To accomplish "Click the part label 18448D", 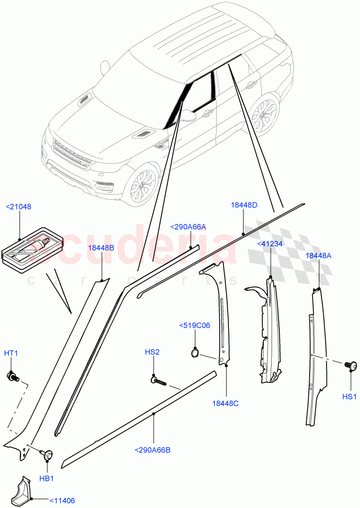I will click(244, 205).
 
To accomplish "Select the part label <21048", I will click(18, 207).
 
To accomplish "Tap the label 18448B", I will click(101, 248).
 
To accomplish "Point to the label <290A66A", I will click(188, 227).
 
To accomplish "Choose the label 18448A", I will click(318, 256).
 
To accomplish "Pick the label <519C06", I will click(195, 326).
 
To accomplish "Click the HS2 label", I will click(152, 352).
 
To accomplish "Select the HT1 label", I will click(11, 353).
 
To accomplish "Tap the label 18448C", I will click(225, 403).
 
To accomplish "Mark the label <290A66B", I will click(152, 450).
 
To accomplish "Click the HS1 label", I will click(350, 397).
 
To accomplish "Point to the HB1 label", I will click(47, 478).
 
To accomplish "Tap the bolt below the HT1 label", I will click(12, 375).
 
